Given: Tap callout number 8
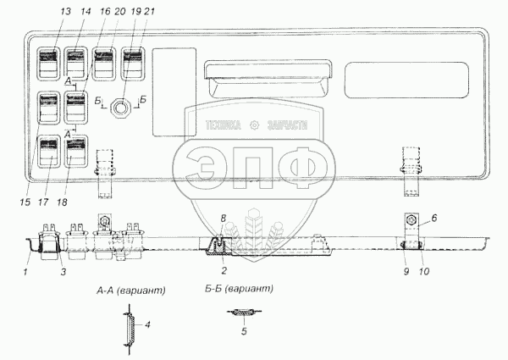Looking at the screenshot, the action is click(223, 219).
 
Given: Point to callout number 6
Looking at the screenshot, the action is click(433, 218).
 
